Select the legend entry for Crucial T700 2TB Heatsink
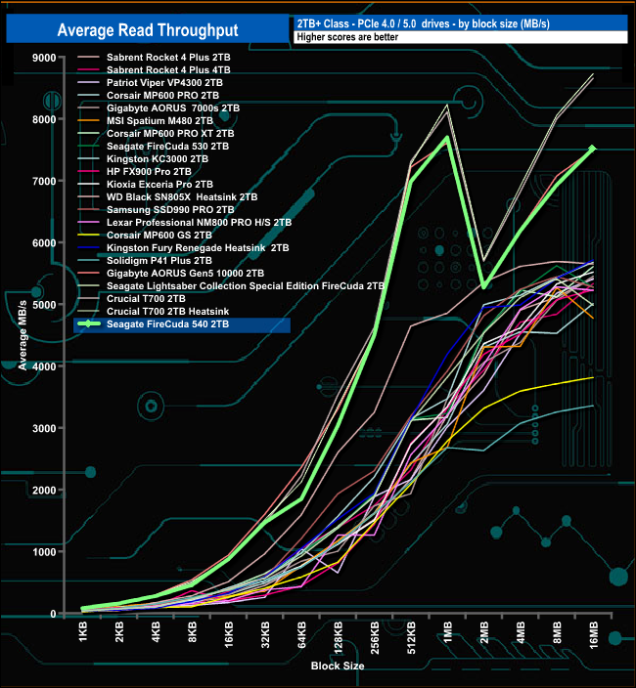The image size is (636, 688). point(165,312)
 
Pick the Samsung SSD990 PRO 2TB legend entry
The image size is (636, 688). point(157,209)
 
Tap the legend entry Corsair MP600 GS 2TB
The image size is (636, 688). point(157,235)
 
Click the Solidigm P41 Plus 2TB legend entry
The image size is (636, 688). point(157,260)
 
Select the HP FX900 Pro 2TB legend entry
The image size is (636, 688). point(151,171)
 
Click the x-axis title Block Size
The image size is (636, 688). point(339,666)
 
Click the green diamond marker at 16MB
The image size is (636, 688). point(592,149)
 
